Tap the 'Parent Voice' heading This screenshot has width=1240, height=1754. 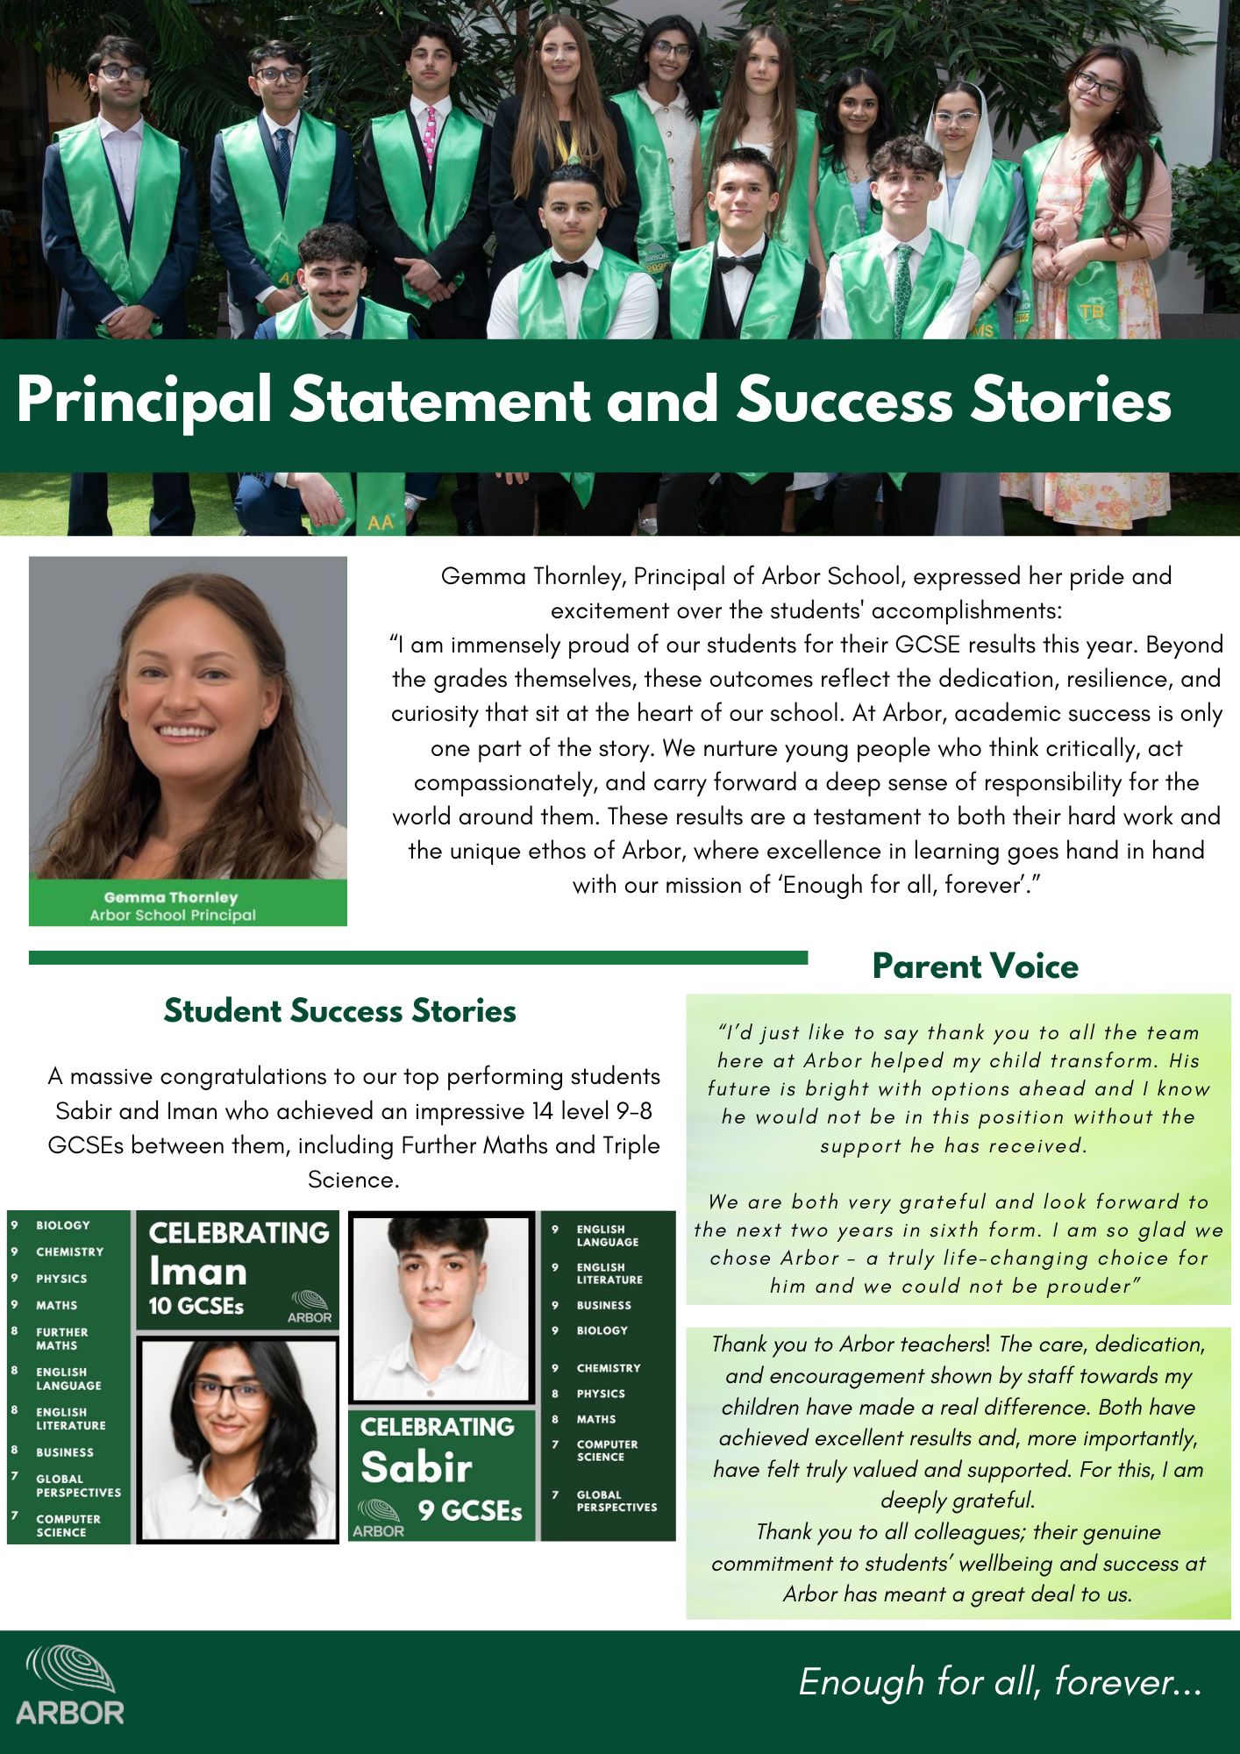[974, 966]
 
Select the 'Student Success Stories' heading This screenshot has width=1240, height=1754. [339, 1010]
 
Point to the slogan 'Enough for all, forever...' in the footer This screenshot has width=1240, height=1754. [1000, 1681]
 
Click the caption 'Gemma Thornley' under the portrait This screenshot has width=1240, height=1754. [171, 897]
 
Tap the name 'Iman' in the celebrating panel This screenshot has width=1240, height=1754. [198, 1272]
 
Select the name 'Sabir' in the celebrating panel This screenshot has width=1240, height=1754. [417, 1466]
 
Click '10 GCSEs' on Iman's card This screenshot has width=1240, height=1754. [196, 1307]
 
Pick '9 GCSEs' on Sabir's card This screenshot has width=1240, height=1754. [470, 1510]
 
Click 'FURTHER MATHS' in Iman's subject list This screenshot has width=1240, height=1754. [61, 1338]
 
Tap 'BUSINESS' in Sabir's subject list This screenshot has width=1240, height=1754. [603, 1305]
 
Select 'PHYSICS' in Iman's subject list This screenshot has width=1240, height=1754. [61, 1279]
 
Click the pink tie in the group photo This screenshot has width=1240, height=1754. [430, 136]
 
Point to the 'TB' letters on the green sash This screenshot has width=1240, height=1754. [1091, 311]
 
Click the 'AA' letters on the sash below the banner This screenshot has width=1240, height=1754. [380, 523]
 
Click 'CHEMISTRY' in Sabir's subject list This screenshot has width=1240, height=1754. [609, 1368]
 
